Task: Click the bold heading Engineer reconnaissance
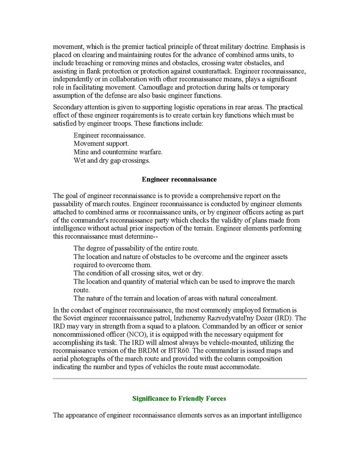pyautogui.click(x=179, y=179)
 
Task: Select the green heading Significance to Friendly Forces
pyautogui.click(x=179, y=399)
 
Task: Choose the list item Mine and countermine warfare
pyautogui.click(x=118, y=152)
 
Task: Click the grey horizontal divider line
pyautogui.click(x=180, y=378)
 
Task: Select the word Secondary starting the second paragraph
pyautogui.click(x=68, y=107)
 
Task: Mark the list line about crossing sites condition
pyautogui.click(x=138, y=273)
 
